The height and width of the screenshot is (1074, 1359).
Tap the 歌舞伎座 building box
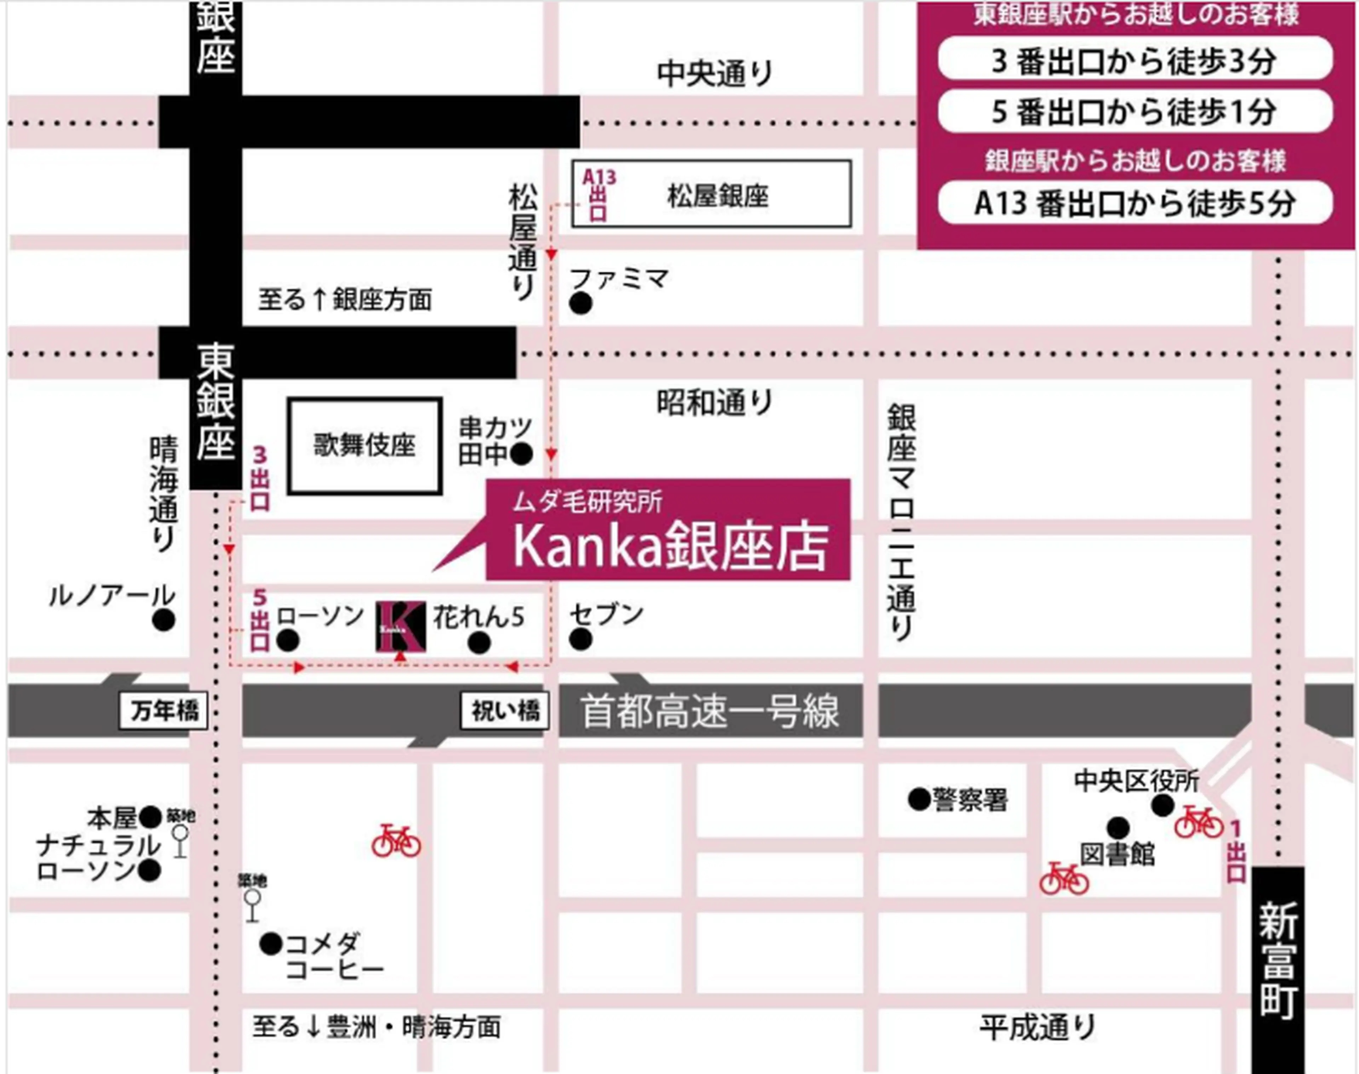365,446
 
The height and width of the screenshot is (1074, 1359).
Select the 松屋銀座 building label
717,195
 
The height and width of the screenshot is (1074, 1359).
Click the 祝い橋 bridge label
505,711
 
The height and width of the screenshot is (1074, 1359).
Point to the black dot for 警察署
919,799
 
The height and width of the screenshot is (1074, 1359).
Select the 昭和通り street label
714,402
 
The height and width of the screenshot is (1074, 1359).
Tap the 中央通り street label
714,74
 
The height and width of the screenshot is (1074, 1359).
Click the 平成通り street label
1037,1027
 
